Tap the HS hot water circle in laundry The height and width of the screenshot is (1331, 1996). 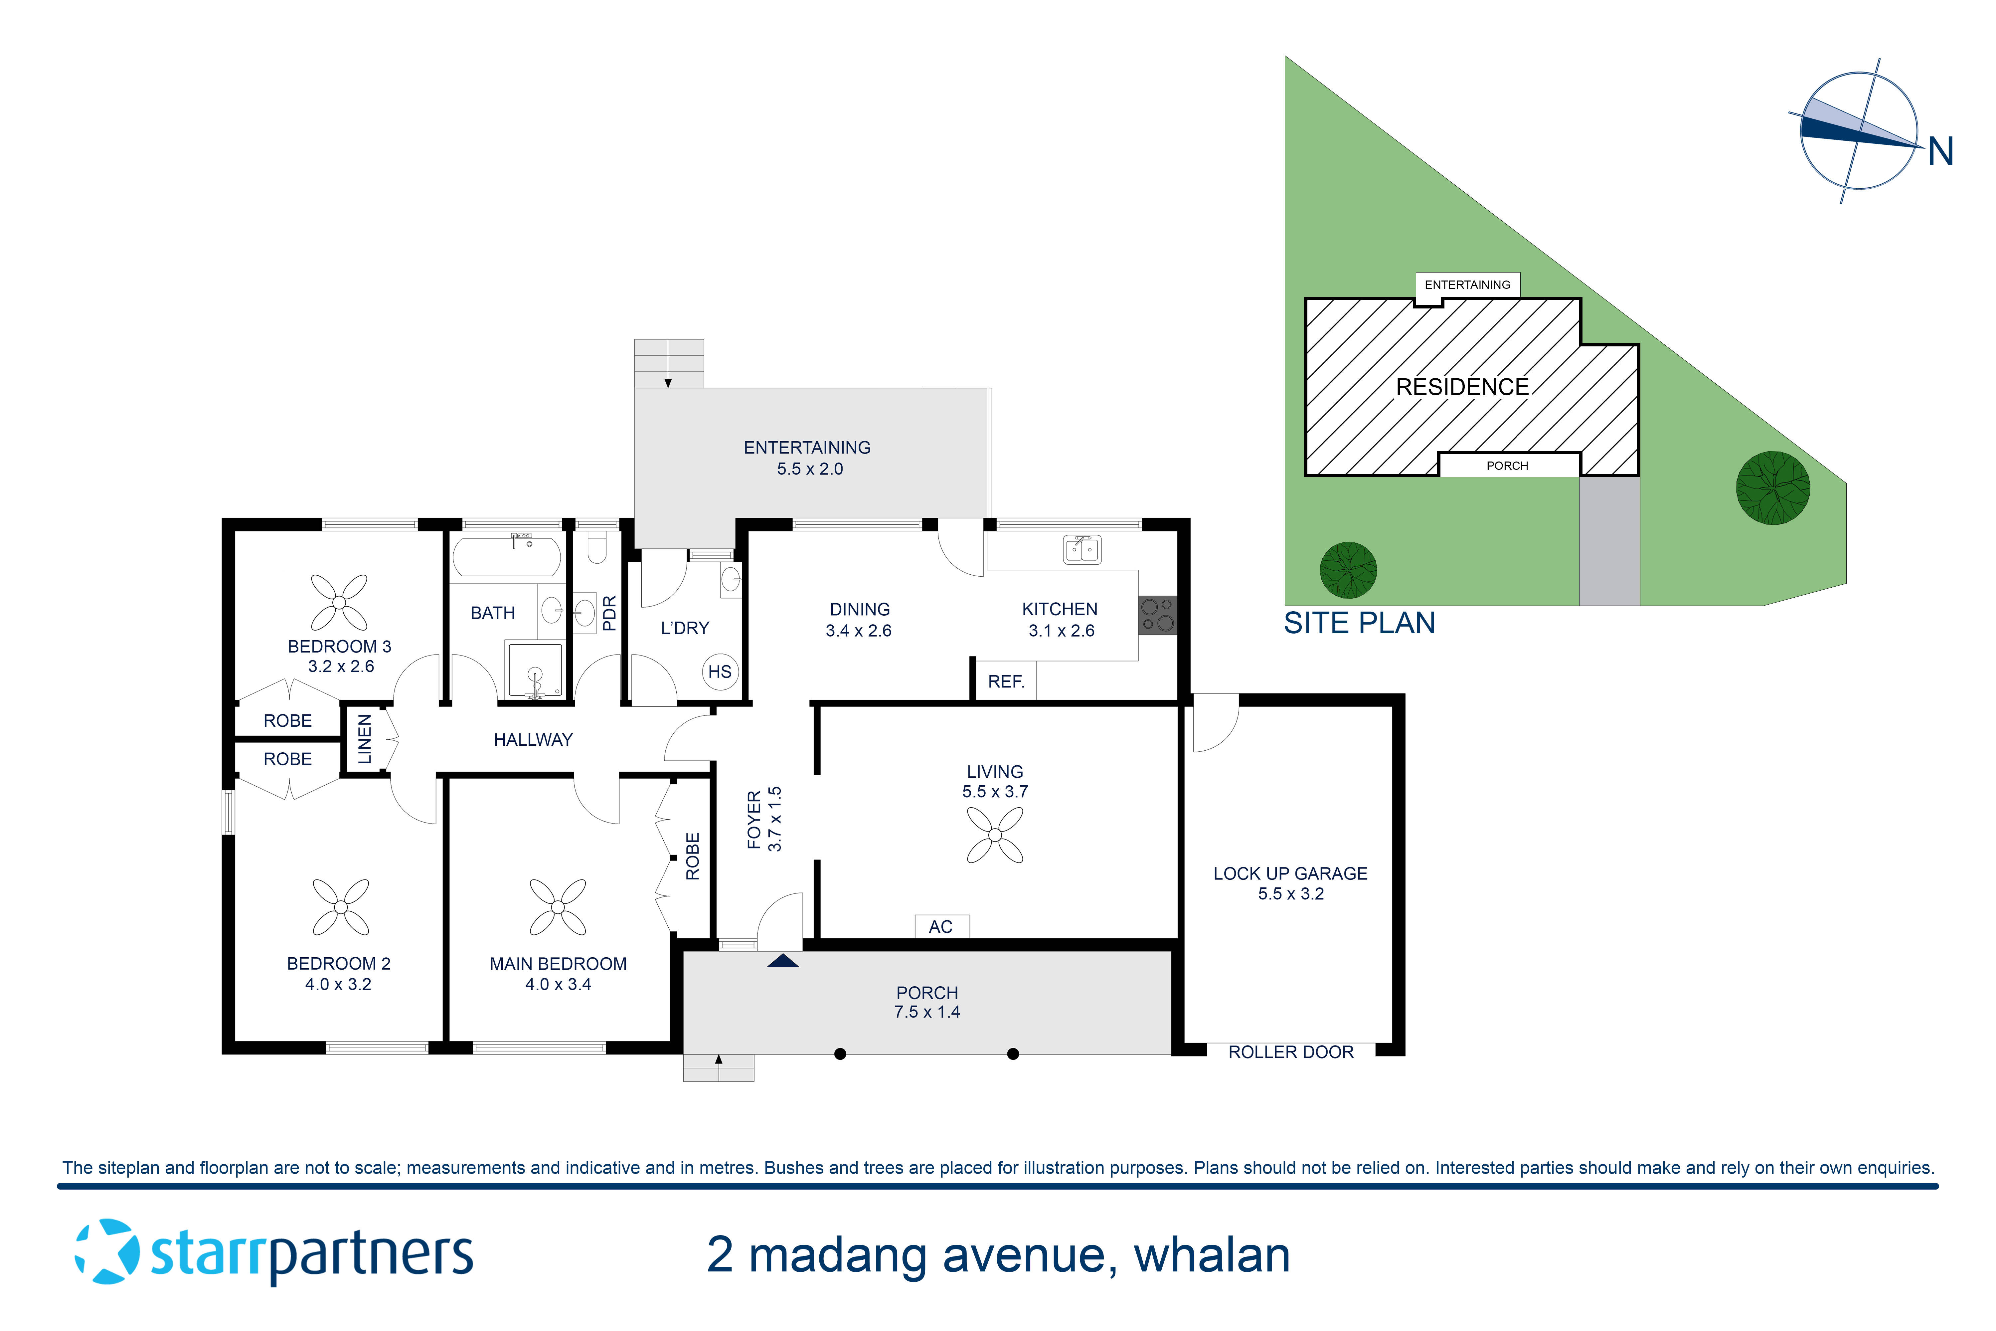coord(720,671)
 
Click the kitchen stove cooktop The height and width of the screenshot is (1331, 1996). coord(1158,615)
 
